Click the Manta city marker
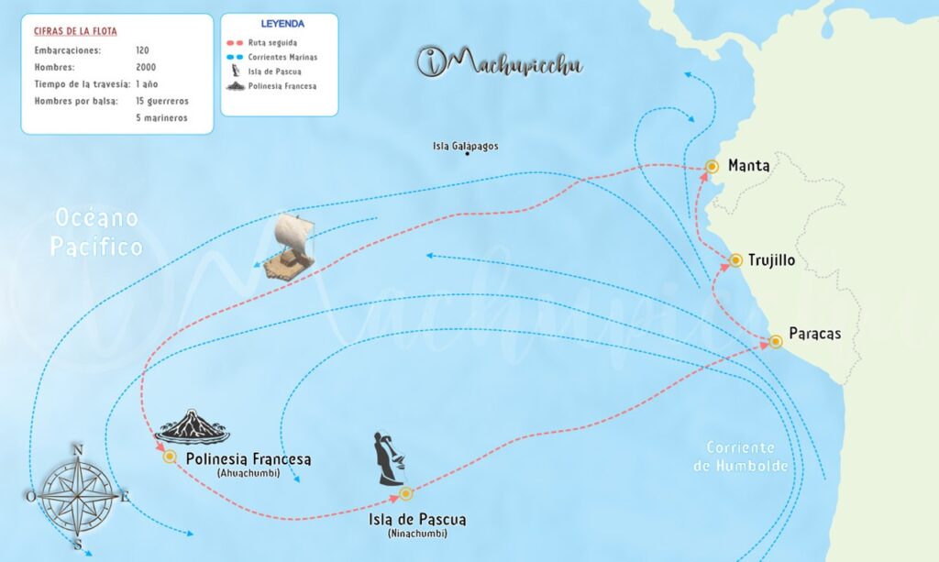pyautogui.click(x=712, y=167)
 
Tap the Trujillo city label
pyautogui.click(x=771, y=260)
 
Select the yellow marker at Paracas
pyautogui.click(x=776, y=341)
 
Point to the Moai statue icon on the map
pyautogui.click(x=389, y=458)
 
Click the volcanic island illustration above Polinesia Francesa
pyautogui.click(x=193, y=427)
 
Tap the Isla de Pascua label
pyautogui.click(x=417, y=520)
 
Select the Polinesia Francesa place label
pyautogui.click(x=249, y=458)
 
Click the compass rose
pyautogui.click(x=78, y=496)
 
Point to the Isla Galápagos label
pyautogui.click(x=466, y=146)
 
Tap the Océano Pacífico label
pyautogui.click(x=96, y=232)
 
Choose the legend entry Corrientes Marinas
pyautogui.click(x=281, y=56)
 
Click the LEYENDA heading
pyautogui.click(x=282, y=23)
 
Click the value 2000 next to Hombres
pyautogui.click(x=145, y=67)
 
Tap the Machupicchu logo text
pyautogui.click(x=500, y=62)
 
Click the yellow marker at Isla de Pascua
pyautogui.click(x=406, y=494)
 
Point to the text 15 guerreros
pyautogui.click(x=162, y=100)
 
